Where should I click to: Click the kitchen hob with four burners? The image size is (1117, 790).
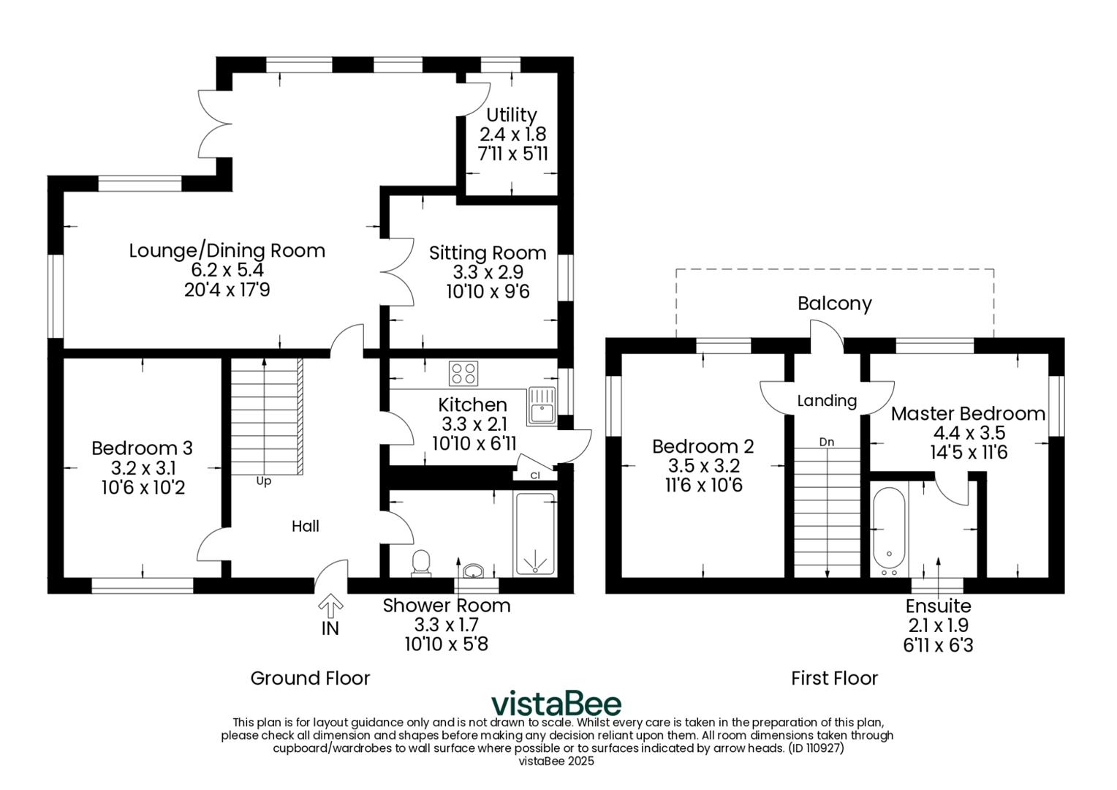463,374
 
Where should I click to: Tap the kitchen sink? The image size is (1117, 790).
542,405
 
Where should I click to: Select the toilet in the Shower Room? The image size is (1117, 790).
421,563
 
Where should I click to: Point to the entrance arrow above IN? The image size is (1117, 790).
330,606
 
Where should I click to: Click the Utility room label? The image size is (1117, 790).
512,115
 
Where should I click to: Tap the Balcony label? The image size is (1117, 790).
834,304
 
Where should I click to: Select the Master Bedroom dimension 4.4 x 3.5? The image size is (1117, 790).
968,433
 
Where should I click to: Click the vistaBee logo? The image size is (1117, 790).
556,704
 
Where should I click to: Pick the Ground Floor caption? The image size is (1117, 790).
310,678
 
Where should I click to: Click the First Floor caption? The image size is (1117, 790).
834,678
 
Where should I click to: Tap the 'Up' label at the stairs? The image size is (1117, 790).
263,481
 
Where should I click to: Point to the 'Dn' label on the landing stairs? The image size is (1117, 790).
827,442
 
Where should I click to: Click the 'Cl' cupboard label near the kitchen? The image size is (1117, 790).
536,475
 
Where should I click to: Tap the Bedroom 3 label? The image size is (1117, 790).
143,448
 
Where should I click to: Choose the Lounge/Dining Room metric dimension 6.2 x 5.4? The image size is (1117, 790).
227,271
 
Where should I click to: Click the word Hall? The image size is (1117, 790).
305,526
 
